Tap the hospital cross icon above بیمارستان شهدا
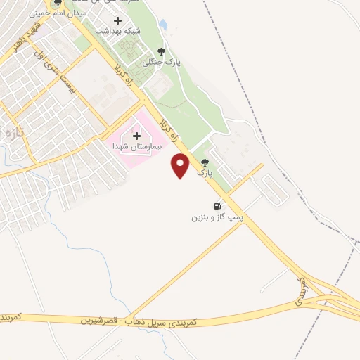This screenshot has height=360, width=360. (136, 135)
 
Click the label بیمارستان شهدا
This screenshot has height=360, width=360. (137, 147)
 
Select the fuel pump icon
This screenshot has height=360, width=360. (217, 207)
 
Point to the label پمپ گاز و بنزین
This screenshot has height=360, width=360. (217, 218)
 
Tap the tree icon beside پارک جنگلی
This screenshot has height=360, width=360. (162, 51)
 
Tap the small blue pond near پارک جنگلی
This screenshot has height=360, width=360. (163, 25)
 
